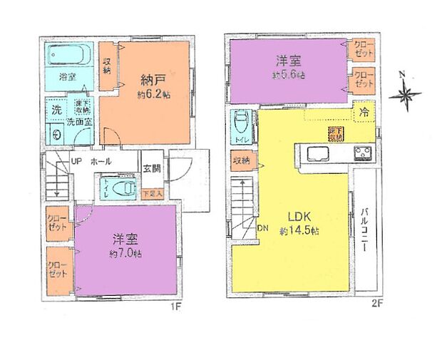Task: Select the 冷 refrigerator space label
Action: (x=364, y=111)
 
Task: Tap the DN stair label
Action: (x=262, y=229)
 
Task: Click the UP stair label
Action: (x=75, y=161)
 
